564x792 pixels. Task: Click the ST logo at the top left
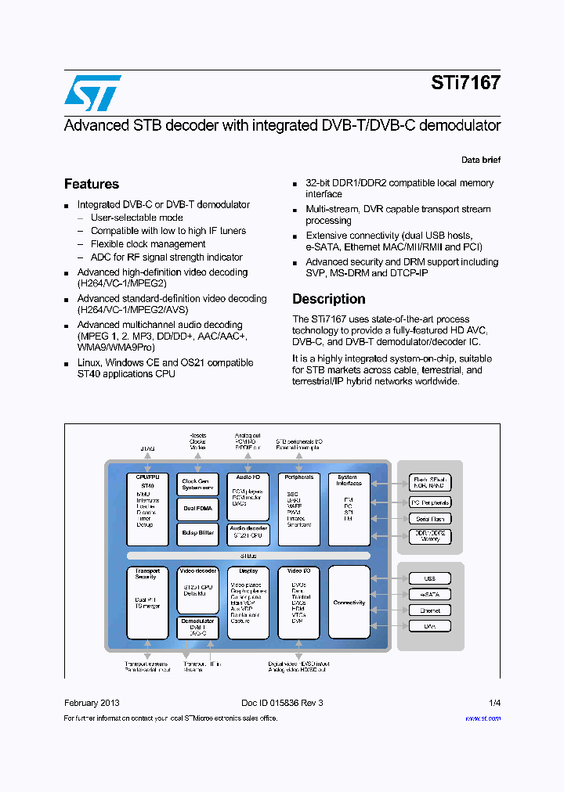coord(92,92)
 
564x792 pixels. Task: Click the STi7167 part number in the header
coord(465,83)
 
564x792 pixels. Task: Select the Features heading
coord(92,184)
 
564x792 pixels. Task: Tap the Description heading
coord(328,299)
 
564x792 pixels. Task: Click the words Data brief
coord(480,160)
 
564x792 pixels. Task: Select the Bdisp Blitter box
coord(197,533)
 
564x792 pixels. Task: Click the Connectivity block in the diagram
coord(349,603)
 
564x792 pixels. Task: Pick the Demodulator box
coord(197,628)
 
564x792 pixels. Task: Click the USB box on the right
coord(430,579)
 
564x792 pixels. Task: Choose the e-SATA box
coord(430,595)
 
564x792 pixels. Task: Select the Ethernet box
coord(430,610)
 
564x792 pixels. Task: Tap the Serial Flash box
coord(430,519)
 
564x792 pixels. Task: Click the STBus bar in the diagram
coord(248,556)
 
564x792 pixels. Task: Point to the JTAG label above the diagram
coord(147,449)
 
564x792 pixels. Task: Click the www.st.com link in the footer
coord(483,718)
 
